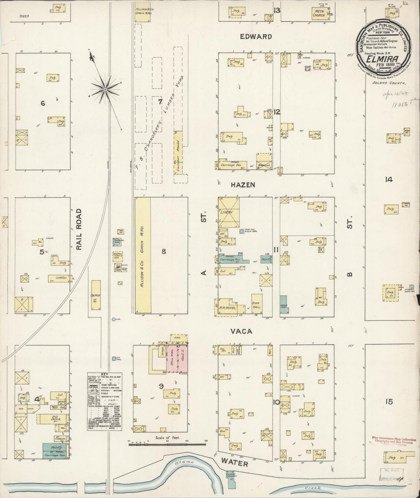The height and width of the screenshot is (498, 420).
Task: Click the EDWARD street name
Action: coord(256,37)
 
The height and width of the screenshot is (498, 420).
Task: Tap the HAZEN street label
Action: coord(243,185)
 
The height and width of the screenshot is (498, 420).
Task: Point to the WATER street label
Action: coord(234,463)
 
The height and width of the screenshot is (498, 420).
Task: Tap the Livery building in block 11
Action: coord(229,212)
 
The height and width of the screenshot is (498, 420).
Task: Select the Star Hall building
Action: coord(257,304)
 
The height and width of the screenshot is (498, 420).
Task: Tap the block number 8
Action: coord(164,252)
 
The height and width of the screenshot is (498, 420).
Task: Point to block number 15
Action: coord(389,402)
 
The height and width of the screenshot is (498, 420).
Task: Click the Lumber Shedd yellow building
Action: coord(178,153)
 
